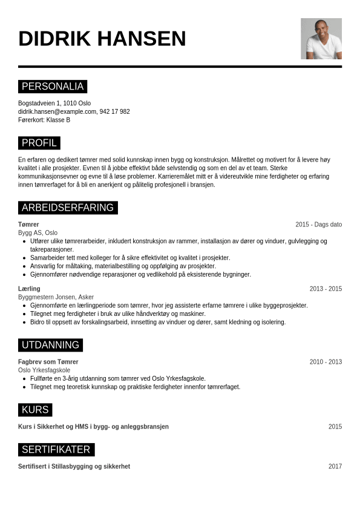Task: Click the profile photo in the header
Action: click(321, 39)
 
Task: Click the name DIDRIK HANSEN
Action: click(102, 39)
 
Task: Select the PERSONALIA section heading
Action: click(53, 87)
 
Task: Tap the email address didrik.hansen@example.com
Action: click(57, 111)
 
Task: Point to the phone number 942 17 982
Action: click(114, 111)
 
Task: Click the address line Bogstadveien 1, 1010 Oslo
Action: click(54, 103)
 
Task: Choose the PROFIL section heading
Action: click(39, 143)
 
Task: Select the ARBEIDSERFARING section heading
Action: click(68, 208)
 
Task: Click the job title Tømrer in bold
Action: click(28, 225)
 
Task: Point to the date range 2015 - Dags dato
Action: click(318, 225)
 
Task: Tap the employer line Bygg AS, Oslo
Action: click(38, 232)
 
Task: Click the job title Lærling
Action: click(29, 289)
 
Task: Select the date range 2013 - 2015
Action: click(326, 289)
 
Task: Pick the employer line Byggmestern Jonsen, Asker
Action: click(56, 297)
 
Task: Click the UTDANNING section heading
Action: click(50, 345)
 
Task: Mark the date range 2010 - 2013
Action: click(326, 362)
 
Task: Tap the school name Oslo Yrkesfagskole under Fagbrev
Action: click(44, 370)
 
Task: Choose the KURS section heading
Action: click(35, 410)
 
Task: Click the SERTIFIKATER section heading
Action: click(56, 450)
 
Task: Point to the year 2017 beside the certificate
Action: click(335, 467)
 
